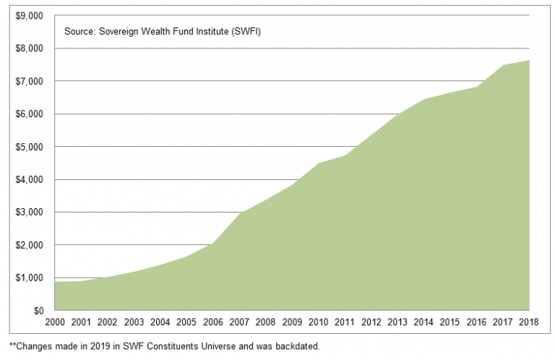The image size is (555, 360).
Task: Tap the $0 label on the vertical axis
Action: [37, 311]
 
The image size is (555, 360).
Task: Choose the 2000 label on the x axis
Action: [55, 322]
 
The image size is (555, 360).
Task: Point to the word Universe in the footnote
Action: [220, 346]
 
